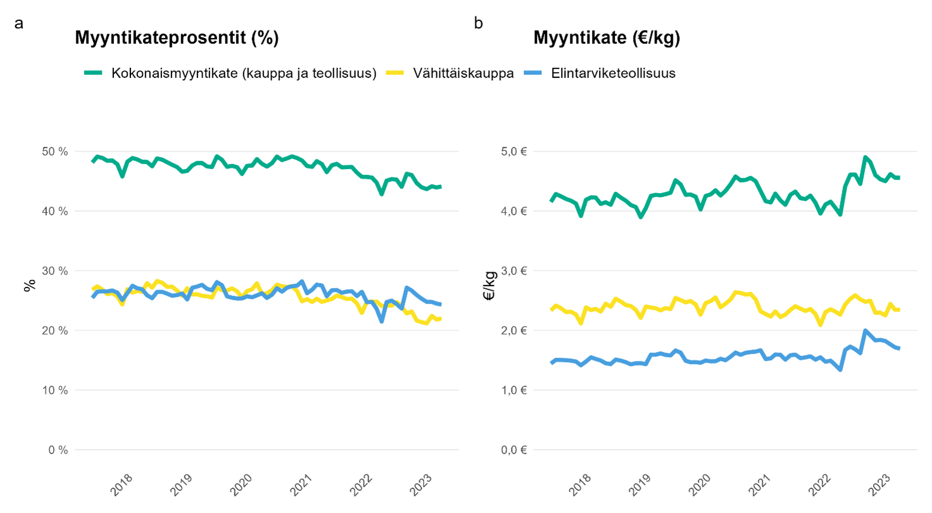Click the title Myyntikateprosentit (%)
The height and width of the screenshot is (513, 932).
[x=177, y=39]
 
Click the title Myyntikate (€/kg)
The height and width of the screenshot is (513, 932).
[x=607, y=39]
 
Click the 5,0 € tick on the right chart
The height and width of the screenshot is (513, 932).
[x=513, y=151]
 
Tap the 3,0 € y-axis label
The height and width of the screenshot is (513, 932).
[x=513, y=271]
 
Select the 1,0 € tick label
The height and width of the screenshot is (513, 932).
[x=513, y=390]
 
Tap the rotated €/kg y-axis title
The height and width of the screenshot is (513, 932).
[x=489, y=285]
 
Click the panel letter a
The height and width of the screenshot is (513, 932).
[x=19, y=23]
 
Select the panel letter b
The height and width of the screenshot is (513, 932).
[x=479, y=23]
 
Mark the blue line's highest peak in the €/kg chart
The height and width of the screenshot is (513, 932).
[x=865, y=331]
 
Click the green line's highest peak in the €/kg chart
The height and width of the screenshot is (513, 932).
[x=865, y=157]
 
